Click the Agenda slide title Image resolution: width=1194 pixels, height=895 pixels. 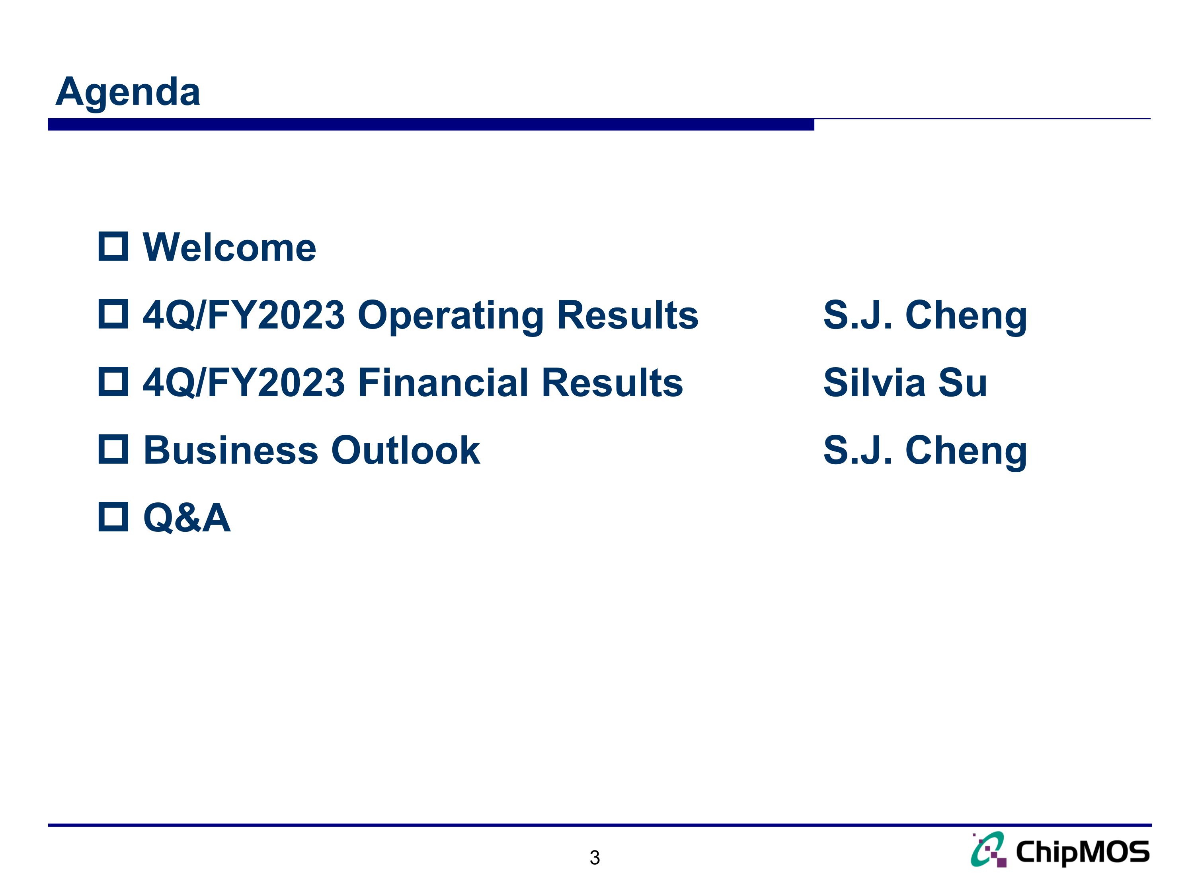pyautogui.click(x=128, y=92)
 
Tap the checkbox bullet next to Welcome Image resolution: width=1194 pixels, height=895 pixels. pyautogui.click(x=113, y=247)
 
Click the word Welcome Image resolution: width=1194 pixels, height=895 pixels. pyautogui.click(x=229, y=248)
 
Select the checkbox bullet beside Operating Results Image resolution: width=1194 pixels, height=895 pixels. pyautogui.click(x=113, y=315)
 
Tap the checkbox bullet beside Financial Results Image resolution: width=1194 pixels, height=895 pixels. pyautogui.click(x=113, y=382)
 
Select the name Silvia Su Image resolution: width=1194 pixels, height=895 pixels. pyautogui.click(x=905, y=383)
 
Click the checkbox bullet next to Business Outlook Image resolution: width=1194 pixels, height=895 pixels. pyautogui.click(x=113, y=449)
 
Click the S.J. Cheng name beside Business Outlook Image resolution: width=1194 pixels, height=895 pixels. pyautogui.click(x=925, y=451)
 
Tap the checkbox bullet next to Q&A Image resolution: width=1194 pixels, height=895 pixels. pyautogui.click(x=113, y=517)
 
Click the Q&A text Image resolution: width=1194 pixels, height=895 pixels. pyautogui.click(x=187, y=518)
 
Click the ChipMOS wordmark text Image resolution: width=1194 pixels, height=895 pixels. pyautogui.click(x=1082, y=853)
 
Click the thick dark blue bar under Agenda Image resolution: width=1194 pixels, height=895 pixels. pyautogui.click(x=431, y=125)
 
